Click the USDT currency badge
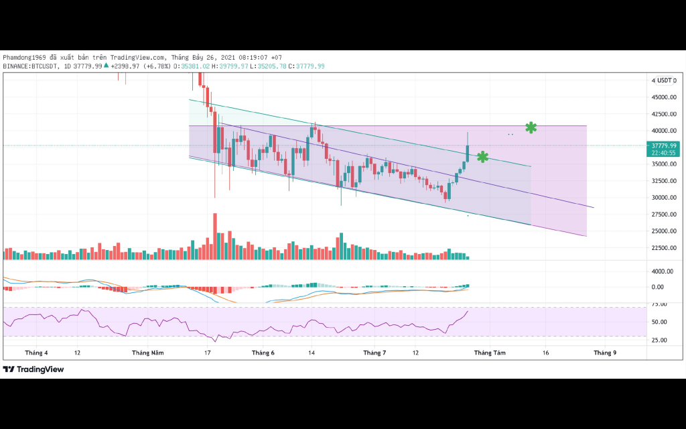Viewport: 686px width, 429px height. (664, 80)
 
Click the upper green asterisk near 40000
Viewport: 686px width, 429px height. (531, 127)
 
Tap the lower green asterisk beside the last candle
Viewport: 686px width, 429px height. (482, 157)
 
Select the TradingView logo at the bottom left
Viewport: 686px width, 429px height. (33, 369)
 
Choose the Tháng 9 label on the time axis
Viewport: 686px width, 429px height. (605, 353)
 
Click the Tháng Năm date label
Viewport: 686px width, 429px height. (147, 353)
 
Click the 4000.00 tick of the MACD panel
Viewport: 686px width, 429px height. (662, 271)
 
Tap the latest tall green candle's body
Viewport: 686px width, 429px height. (468, 153)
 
